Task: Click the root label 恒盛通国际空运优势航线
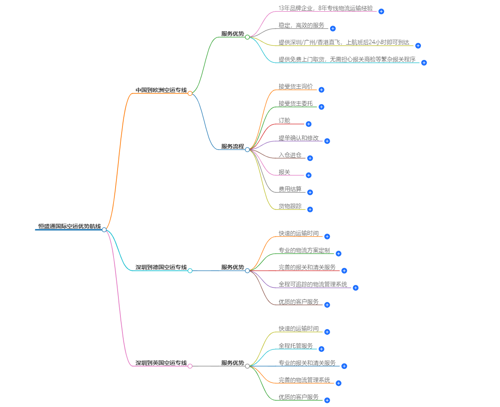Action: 69,226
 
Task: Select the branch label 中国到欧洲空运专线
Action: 161,90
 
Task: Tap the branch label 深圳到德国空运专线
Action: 161,267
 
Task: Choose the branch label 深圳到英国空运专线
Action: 161,363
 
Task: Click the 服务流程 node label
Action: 232,146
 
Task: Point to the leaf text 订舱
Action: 284,121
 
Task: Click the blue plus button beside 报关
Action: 309,175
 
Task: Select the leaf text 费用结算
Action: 290,189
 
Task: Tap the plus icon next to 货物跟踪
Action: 310,210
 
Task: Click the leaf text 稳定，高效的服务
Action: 301,26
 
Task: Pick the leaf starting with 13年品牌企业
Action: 326,8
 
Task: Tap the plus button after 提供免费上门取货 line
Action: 424,63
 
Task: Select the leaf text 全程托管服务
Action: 296,346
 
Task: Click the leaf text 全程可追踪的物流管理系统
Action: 313,285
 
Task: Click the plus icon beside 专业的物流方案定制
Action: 339,254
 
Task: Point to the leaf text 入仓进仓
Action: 290,155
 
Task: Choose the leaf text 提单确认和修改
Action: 298,138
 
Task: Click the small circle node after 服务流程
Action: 247,150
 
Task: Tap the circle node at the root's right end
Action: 104,230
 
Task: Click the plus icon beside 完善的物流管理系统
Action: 339,383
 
